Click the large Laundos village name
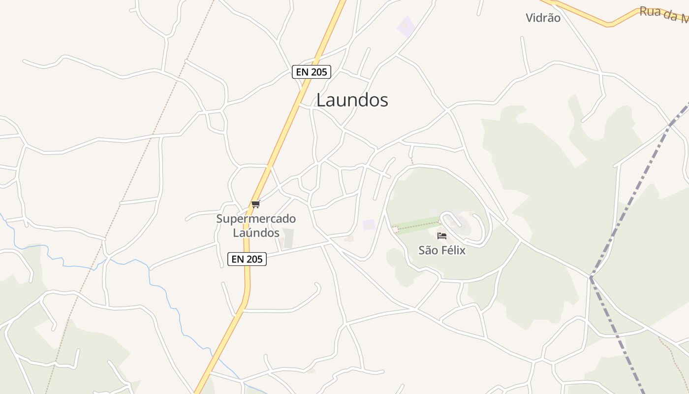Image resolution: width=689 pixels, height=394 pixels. [x=352, y=100]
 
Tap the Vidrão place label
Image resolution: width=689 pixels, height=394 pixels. [x=543, y=18]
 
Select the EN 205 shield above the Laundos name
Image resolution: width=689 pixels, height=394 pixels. [x=312, y=72]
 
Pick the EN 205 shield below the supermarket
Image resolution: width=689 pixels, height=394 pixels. [x=247, y=259]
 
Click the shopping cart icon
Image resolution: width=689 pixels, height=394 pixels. [x=255, y=204]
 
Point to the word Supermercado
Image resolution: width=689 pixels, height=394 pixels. [x=256, y=219]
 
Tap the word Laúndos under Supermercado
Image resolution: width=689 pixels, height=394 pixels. [x=256, y=232]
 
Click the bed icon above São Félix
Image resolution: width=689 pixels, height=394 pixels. [x=442, y=236]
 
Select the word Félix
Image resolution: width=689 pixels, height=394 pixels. [x=453, y=250]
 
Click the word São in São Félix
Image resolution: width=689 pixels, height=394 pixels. [x=428, y=250]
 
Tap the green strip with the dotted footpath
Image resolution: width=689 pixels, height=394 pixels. [x=418, y=226]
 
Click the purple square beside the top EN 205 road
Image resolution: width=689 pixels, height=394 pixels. [x=406, y=26]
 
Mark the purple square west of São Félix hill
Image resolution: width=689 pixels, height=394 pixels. [x=369, y=225]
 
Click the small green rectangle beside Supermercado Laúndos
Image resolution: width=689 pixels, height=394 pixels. [x=288, y=238]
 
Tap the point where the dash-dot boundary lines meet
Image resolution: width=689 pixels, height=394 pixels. [x=591, y=278]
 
